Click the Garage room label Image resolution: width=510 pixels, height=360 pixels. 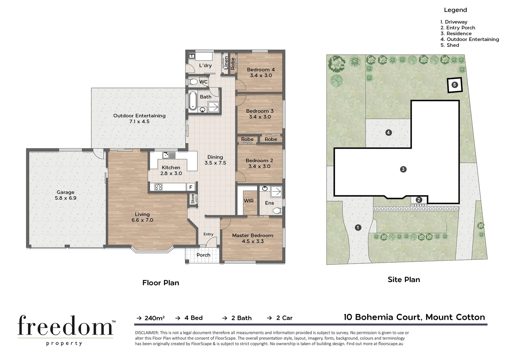point(65,192)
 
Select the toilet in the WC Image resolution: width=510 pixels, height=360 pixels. point(193,82)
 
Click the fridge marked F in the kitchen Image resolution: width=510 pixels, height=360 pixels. point(191,187)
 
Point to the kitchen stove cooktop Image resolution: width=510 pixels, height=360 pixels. point(158,187)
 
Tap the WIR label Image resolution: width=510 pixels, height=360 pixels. point(248,201)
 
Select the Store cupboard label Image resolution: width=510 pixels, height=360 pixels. point(193,199)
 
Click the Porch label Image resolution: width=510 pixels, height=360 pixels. point(203,255)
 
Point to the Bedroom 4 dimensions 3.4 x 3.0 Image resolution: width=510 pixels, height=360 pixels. point(261,76)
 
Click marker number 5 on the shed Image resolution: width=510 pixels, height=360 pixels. point(454,85)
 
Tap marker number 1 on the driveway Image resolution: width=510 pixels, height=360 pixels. point(358,228)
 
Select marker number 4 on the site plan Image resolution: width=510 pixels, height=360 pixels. point(388,133)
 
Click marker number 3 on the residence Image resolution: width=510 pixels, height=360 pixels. point(403,169)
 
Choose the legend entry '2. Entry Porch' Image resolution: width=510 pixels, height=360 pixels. point(458,28)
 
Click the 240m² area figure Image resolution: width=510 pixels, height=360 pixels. point(154,318)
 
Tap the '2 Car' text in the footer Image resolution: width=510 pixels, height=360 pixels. point(284,318)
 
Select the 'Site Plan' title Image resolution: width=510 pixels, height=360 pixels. point(404,280)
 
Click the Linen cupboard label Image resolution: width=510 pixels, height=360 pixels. point(226,63)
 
